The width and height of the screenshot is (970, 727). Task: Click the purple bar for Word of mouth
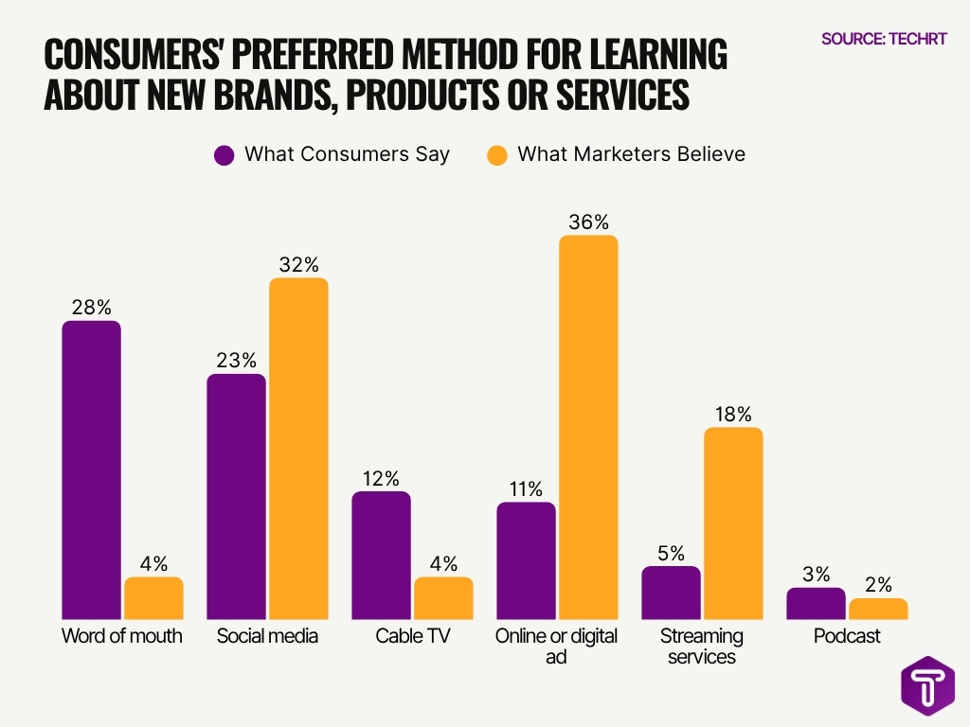[x=92, y=470]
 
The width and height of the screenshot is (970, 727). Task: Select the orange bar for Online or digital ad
[x=588, y=427]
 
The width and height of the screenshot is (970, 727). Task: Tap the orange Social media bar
[x=298, y=449]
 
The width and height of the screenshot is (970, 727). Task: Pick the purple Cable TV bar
[x=382, y=556]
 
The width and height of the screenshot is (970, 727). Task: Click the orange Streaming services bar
[x=732, y=523]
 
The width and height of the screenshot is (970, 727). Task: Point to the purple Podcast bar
[x=816, y=604]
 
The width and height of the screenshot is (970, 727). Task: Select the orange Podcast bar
[x=878, y=609]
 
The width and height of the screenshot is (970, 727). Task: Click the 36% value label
[x=588, y=222]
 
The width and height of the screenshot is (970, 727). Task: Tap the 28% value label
[x=92, y=307]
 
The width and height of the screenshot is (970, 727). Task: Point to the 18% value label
[x=732, y=414]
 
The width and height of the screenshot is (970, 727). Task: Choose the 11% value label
[x=526, y=488]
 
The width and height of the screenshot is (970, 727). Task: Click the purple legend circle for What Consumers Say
[x=225, y=154]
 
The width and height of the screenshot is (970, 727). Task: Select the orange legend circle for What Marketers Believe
[x=497, y=154]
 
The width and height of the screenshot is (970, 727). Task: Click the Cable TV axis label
[x=412, y=636]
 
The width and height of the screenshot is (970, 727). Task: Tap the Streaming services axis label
[x=702, y=646]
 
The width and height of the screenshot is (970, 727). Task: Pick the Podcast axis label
[x=847, y=636]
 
